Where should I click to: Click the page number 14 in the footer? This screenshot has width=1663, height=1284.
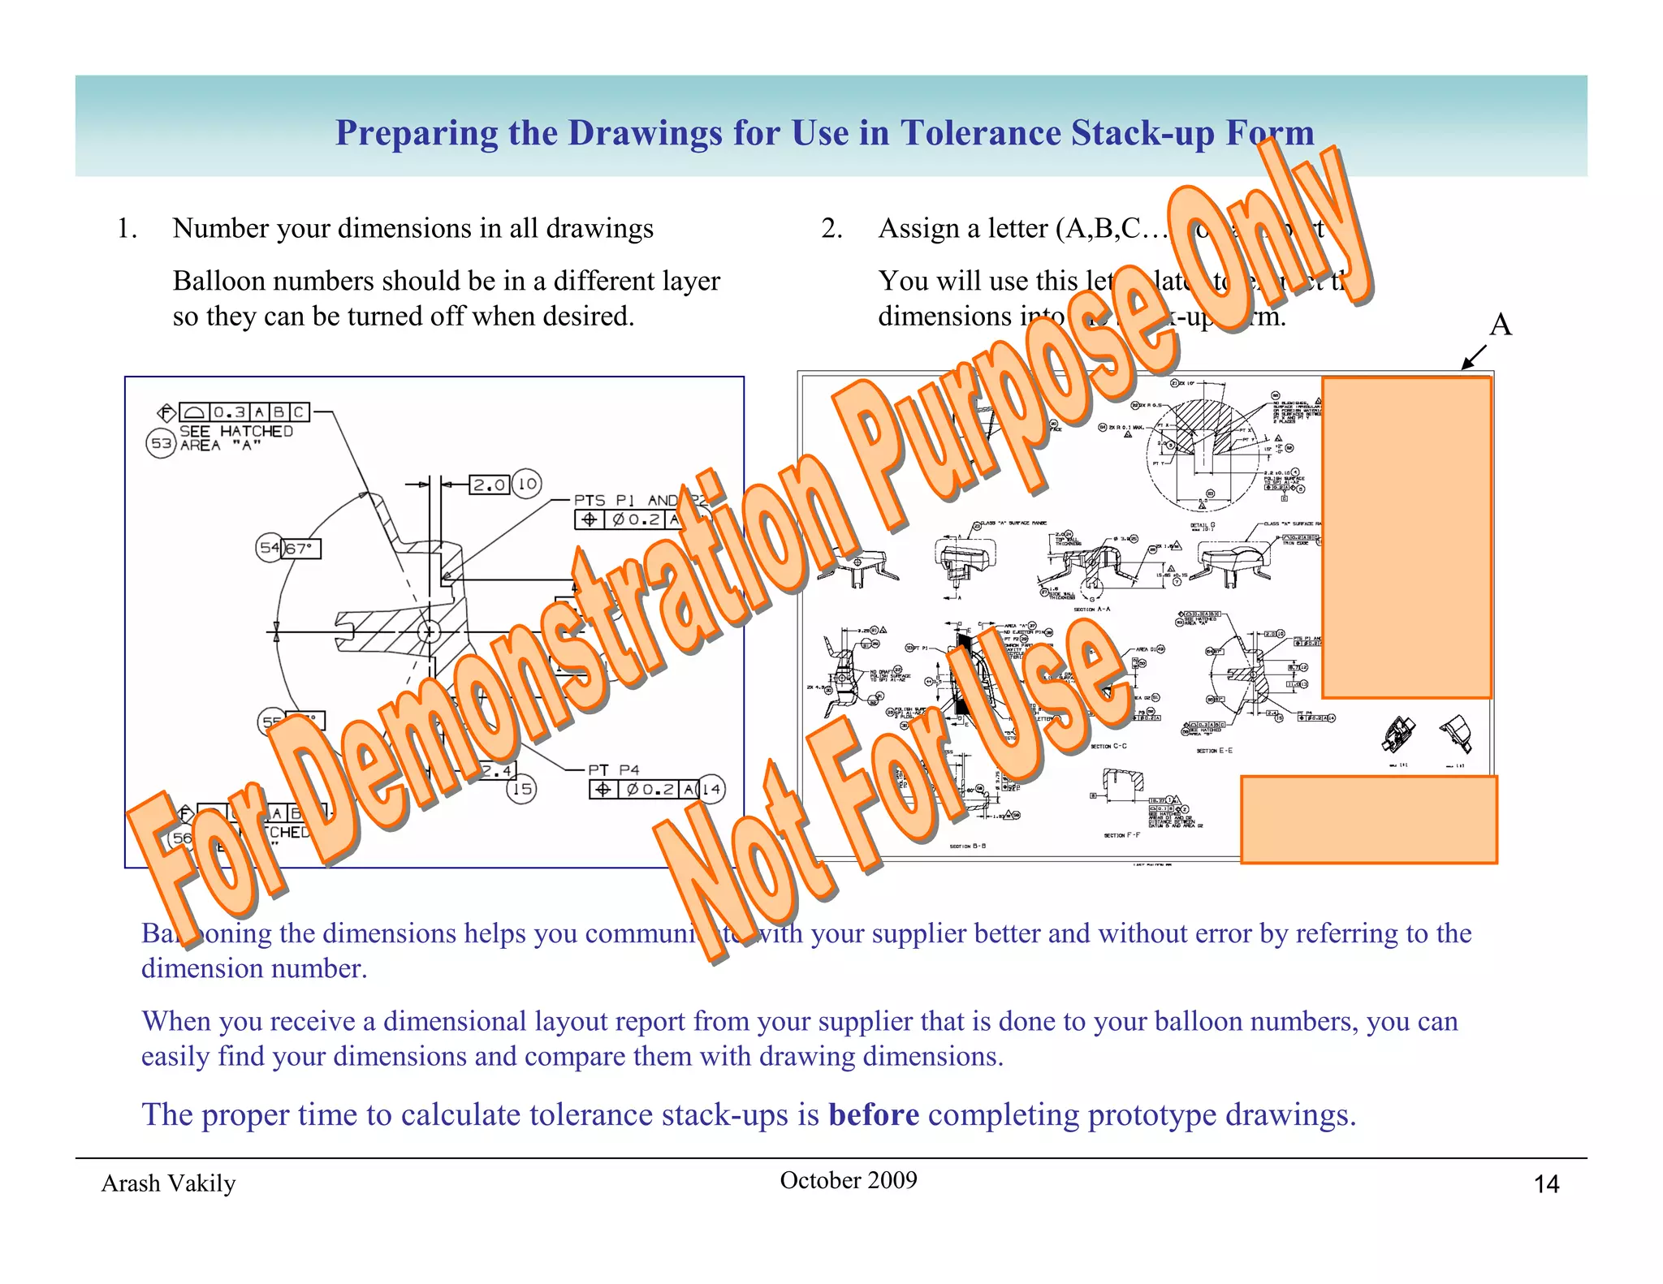(1546, 1184)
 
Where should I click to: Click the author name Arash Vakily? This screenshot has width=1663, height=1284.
(168, 1183)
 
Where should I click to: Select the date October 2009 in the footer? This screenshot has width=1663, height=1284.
(848, 1180)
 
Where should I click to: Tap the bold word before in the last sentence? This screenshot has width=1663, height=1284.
(873, 1115)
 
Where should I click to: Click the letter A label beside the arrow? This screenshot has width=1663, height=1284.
(1500, 325)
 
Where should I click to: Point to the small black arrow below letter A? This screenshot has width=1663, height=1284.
(1473, 358)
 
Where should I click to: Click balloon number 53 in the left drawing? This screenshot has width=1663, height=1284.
(161, 443)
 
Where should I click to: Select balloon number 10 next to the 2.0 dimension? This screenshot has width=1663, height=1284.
(527, 485)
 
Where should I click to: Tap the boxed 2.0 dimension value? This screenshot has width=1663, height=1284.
(490, 485)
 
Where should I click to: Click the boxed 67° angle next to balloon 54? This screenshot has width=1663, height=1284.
(300, 549)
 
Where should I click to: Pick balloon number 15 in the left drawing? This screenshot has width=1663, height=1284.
(521, 788)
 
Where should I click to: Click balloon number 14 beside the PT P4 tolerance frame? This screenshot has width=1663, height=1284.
(711, 789)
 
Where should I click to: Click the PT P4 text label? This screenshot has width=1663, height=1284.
(614, 769)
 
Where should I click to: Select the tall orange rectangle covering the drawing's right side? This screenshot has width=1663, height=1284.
(1406, 536)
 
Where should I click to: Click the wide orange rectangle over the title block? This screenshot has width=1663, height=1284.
(1368, 819)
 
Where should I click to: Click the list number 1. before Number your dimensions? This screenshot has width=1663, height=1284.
(127, 229)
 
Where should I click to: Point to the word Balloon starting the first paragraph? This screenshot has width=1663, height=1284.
(214, 281)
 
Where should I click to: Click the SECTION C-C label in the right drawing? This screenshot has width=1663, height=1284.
(1108, 746)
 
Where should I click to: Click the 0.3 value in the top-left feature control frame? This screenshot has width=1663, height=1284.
(229, 412)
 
